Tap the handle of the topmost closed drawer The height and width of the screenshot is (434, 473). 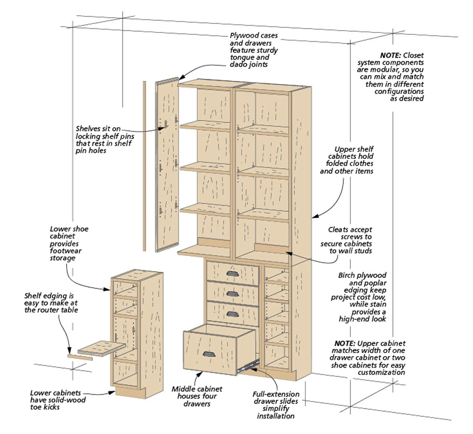click(232, 274)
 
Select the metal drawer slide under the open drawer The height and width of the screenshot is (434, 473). click(248, 364)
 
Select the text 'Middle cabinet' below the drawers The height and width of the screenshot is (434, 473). click(197, 389)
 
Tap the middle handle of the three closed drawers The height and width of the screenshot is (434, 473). click(232, 293)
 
